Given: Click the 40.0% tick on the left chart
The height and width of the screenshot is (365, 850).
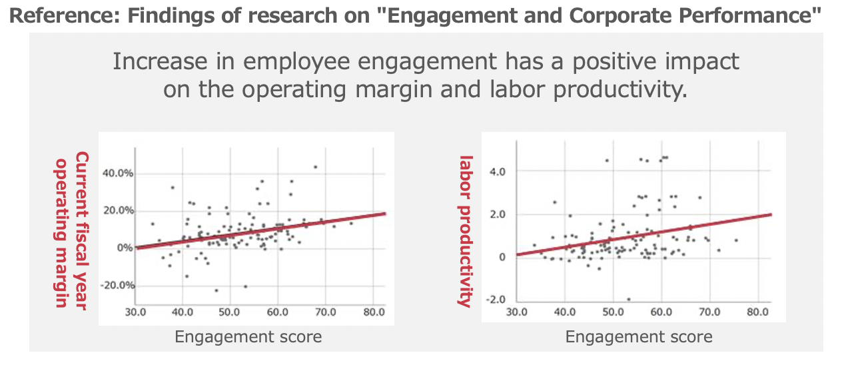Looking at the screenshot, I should (x=118, y=173).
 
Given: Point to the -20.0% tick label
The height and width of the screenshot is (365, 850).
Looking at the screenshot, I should (x=118, y=285).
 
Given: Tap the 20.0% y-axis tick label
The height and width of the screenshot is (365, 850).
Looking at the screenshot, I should (x=118, y=210).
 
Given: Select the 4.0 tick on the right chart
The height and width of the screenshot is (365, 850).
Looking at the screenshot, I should (x=498, y=171).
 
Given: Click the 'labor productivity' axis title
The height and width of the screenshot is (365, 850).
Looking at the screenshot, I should (x=464, y=230).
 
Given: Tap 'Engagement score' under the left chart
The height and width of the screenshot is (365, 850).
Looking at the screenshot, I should (x=248, y=337).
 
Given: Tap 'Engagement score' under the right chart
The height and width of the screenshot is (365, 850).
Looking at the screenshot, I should (x=638, y=337).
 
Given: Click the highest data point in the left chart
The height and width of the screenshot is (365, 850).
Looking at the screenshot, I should (x=316, y=167).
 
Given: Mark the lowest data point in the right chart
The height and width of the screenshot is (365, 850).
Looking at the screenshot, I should (x=628, y=299).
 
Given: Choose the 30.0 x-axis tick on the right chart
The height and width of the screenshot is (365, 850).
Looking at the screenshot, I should (x=517, y=312).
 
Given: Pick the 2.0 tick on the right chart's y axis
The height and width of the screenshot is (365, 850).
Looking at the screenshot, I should (x=498, y=214).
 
